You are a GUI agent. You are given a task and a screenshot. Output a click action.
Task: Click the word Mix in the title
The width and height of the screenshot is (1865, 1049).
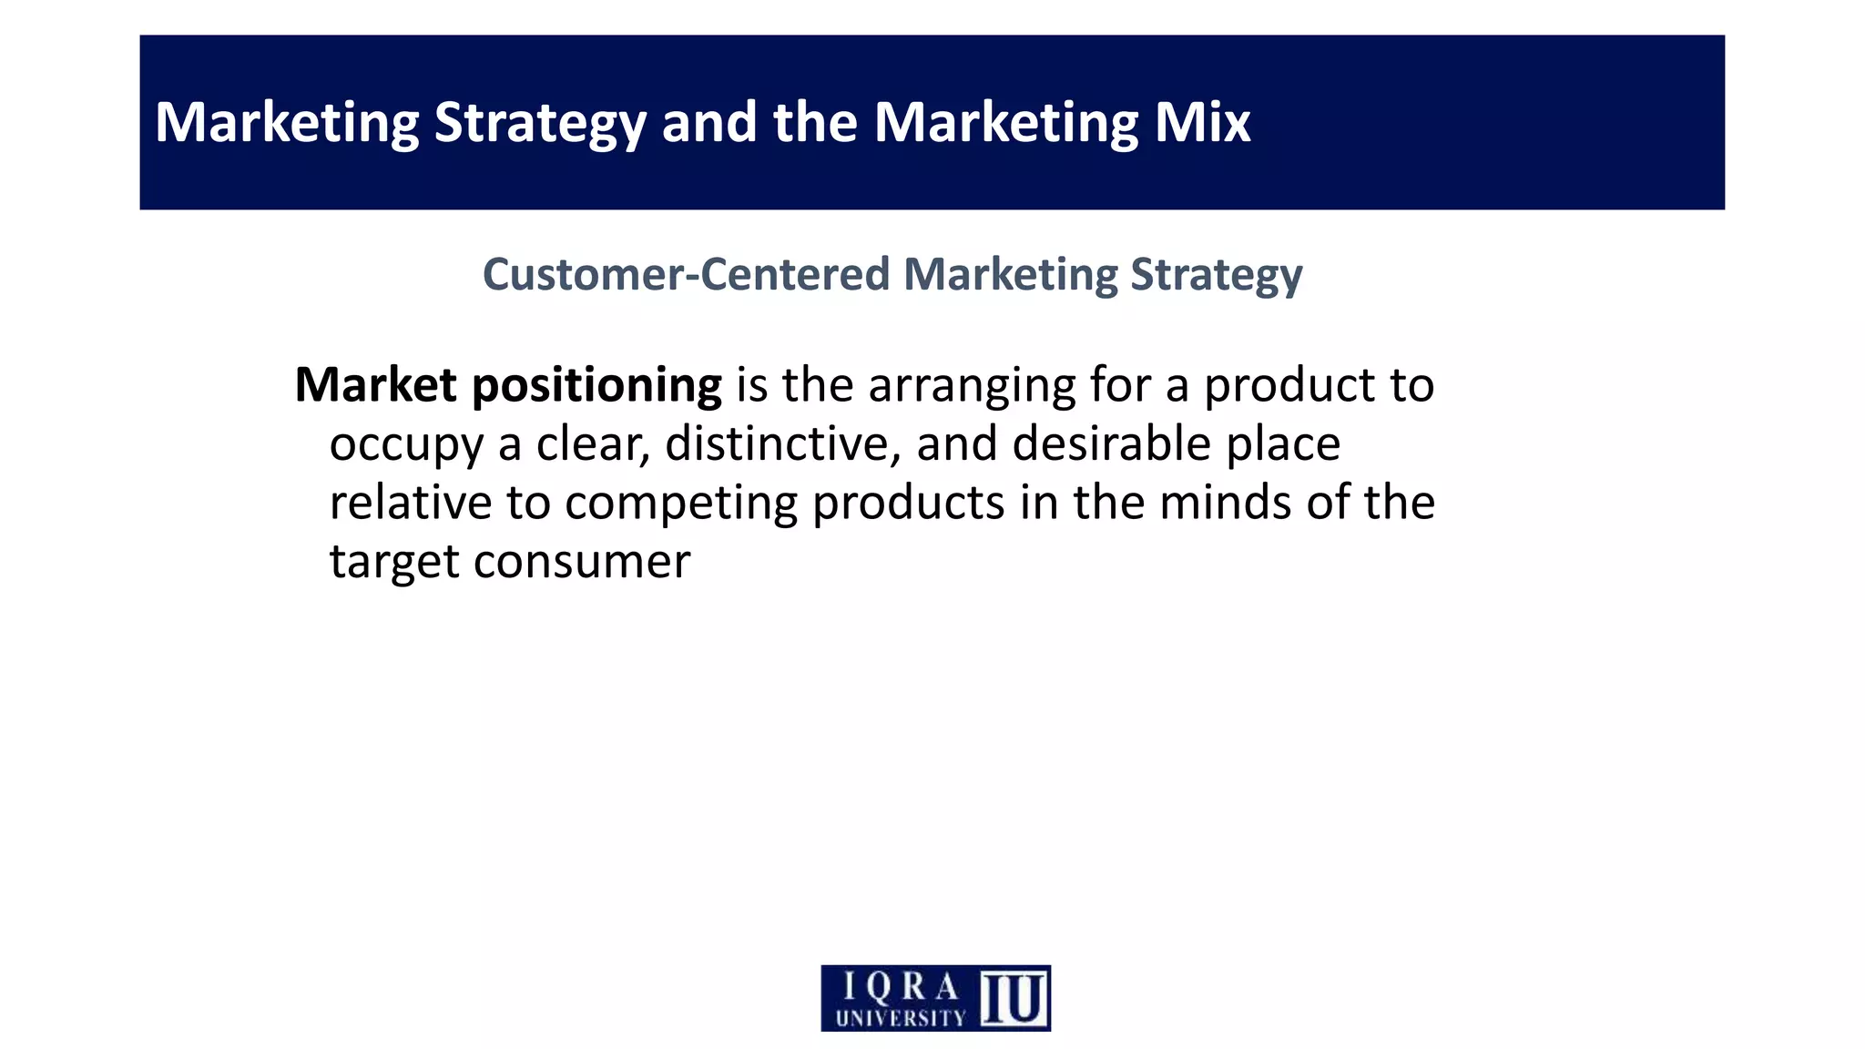pyautogui.click(x=1202, y=122)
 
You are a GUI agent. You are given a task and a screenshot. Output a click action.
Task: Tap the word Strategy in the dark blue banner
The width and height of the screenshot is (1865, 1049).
pyautogui.click(x=540, y=124)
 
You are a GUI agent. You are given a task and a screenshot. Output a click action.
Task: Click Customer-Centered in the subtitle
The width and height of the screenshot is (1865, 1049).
pyautogui.click(x=686, y=274)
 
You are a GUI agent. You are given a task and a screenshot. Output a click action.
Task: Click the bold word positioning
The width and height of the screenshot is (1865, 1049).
pyautogui.click(x=596, y=386)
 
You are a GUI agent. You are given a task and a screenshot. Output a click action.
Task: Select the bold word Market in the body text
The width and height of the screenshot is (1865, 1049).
pyautogui.click(x=375, y=384)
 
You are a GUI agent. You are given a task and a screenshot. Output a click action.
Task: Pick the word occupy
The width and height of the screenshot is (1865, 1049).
pyautogui.click(x=406, y=445)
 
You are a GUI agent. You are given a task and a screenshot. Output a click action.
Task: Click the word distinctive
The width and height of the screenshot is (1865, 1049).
pyautogui.click(x=782, y=443)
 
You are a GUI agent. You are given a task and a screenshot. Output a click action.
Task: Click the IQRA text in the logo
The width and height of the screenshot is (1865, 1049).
pyautogui.click(x=901, y=986)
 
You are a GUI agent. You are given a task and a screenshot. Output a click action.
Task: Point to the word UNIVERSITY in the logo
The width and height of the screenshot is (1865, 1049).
pyautogui.click(x=900, y=1018)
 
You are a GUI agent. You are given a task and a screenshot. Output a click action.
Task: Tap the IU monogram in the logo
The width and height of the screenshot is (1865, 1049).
pyautogui.click(x=1014, y=998)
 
